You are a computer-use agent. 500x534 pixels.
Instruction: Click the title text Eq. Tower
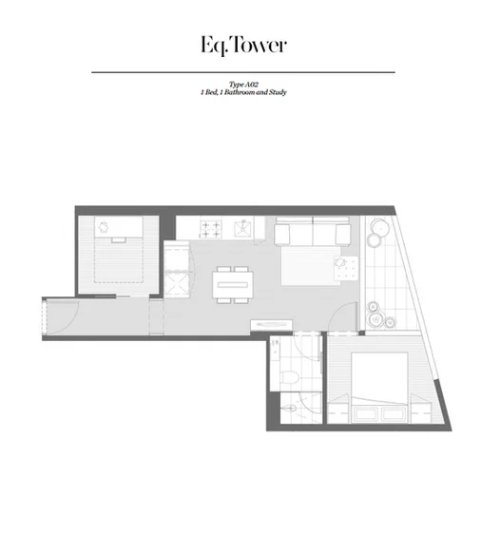tap(242, 45)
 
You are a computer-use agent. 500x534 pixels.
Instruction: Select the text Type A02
tap(243, 85)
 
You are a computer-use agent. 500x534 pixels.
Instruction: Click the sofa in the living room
tap(312, 231)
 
